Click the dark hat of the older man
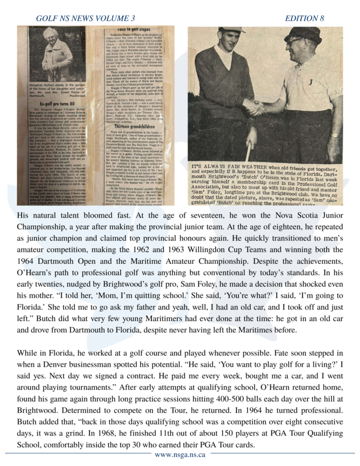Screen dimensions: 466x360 click(303, 34)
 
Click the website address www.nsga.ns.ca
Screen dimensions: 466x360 click(180, 454)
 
